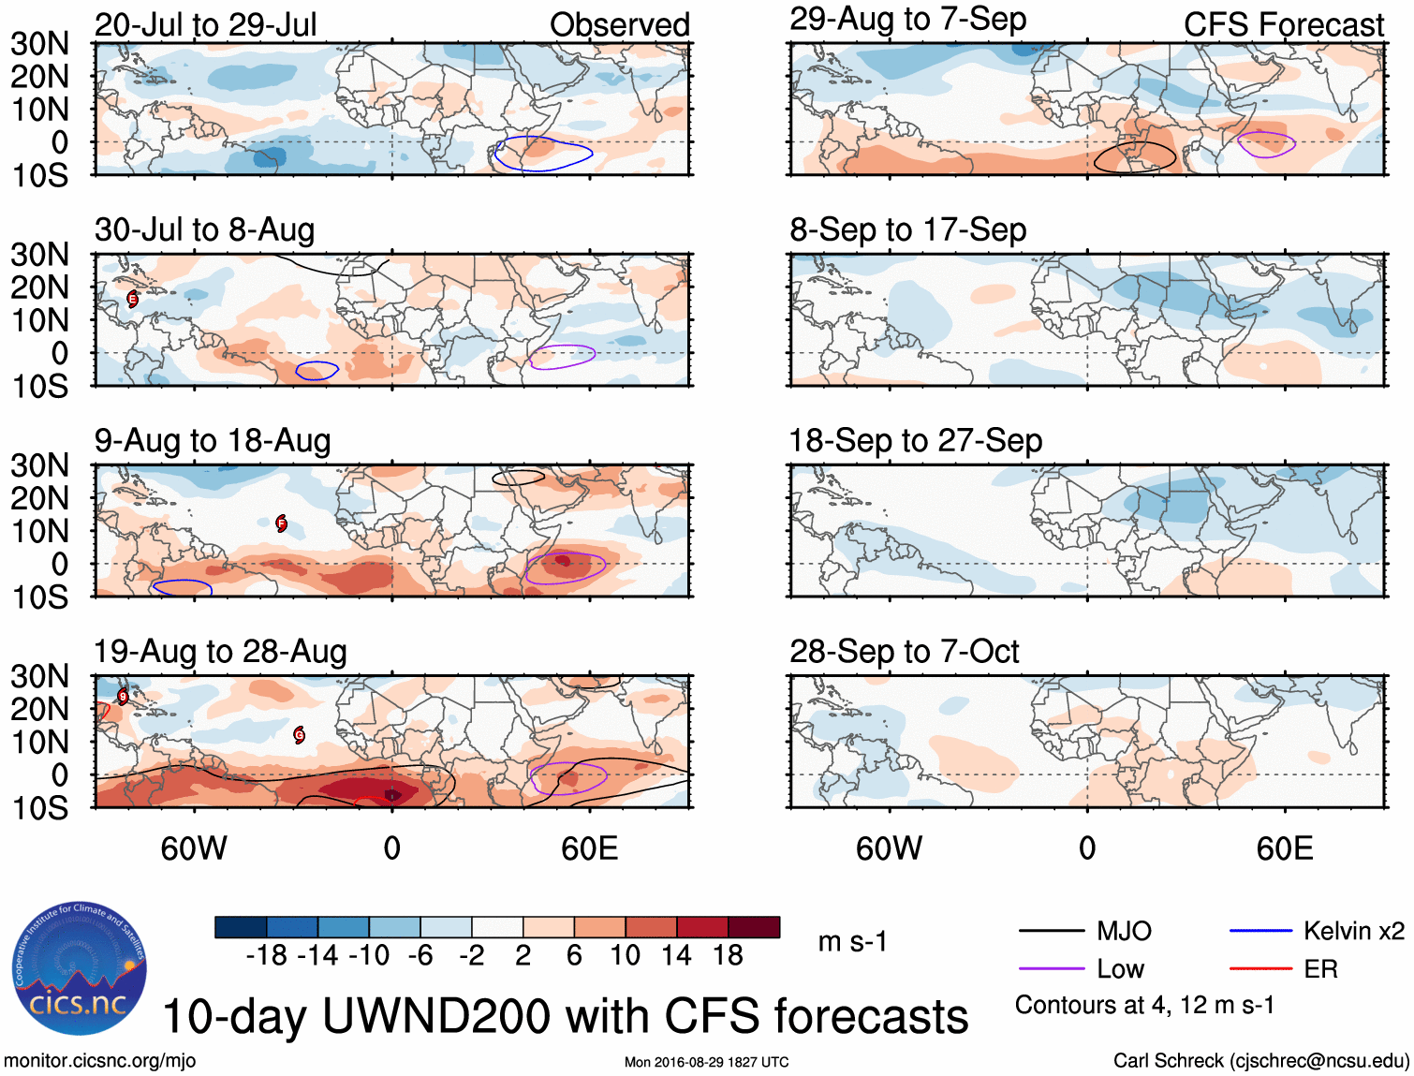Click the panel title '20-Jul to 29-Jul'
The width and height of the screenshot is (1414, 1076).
[x=205, y=24]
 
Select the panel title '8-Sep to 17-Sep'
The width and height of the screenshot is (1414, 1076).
[x=907, y=229]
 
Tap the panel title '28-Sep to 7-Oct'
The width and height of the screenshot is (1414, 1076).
[x=904, y=651]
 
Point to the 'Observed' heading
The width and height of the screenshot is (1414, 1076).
[x=619, y=24]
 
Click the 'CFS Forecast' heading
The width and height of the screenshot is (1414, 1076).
[x=1283, y=24]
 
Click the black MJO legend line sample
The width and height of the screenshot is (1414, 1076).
[x=1051, y=931]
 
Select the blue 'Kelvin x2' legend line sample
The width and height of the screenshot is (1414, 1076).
[x=1260, y=931]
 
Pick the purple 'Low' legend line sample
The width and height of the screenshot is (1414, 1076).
[x=1051, y=969]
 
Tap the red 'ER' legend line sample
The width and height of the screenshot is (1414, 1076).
[x=1260, y=969]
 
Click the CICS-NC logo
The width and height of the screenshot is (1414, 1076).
[x=80, y=968]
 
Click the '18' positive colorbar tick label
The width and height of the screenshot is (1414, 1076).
[x=728, y=955]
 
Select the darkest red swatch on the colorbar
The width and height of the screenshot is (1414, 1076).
[x=754, y=927]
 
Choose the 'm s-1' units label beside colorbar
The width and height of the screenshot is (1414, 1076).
[x=852, y=941]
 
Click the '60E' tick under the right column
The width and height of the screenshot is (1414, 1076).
[x=1284, y=848]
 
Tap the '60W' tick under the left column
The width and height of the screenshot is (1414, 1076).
[x=193, y=848]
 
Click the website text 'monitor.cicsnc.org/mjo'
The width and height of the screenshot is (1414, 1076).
[x=100, y=1060]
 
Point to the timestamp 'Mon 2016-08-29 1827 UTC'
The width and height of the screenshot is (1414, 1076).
[x=706, y=1062]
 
